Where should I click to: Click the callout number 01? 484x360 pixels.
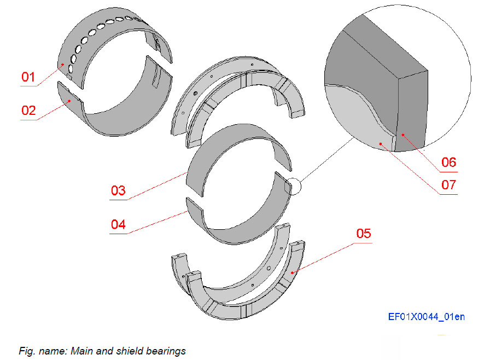click(x=28, y=77)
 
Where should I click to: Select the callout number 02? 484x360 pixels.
click(x=28, y=111)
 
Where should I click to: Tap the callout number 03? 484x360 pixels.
click(x=118, y=191)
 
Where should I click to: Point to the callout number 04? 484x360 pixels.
click(x=118, y=224)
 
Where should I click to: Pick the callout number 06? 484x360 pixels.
click(x=448, y=162)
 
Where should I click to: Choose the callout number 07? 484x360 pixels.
click(x=448, y=185)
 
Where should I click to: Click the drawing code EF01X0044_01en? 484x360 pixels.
click(x=426, y=317)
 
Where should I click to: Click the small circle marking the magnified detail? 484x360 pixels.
click(x=294, y=187)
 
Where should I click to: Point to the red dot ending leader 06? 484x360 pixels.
click(x=402, y=133)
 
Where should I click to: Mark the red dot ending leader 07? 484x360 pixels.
click(x=381, y=144)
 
